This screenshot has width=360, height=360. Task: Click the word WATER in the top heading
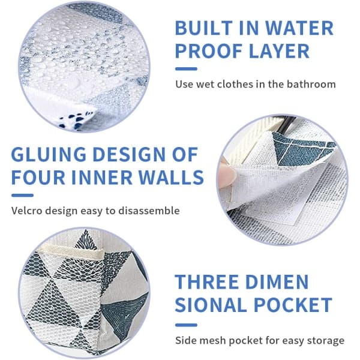[x=299, y=28]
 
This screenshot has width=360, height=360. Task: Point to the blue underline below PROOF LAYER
[x=186, y=68]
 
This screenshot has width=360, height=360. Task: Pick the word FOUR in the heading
[x=38, y=177]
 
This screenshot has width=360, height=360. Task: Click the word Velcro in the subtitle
[x=27, y=211]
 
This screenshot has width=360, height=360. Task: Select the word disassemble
[x=149, y=211]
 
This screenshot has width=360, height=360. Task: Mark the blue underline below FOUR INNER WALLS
[x=22, y=196]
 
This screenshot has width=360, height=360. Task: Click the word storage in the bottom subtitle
[x=326, y=340]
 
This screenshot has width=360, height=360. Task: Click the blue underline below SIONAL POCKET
[x=186, y=325]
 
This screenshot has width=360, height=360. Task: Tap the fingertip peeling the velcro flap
[x=227, y=174]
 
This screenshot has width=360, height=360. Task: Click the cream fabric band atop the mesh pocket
[x=71, y=252]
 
